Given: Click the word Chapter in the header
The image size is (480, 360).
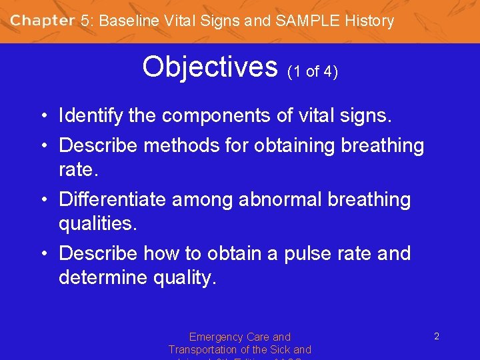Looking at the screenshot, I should [x=42, y=21].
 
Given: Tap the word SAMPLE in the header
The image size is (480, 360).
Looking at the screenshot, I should [x=307, y=21].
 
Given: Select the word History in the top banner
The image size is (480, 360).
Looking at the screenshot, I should [x=369, y=21].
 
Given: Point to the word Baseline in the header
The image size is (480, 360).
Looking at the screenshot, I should [x=129, y=21].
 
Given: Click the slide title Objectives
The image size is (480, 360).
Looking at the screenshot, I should [x=209, y=67].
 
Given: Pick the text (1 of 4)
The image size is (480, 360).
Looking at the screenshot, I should [x=313, y=71].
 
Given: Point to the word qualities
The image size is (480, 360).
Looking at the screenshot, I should [x=97, y=224].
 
